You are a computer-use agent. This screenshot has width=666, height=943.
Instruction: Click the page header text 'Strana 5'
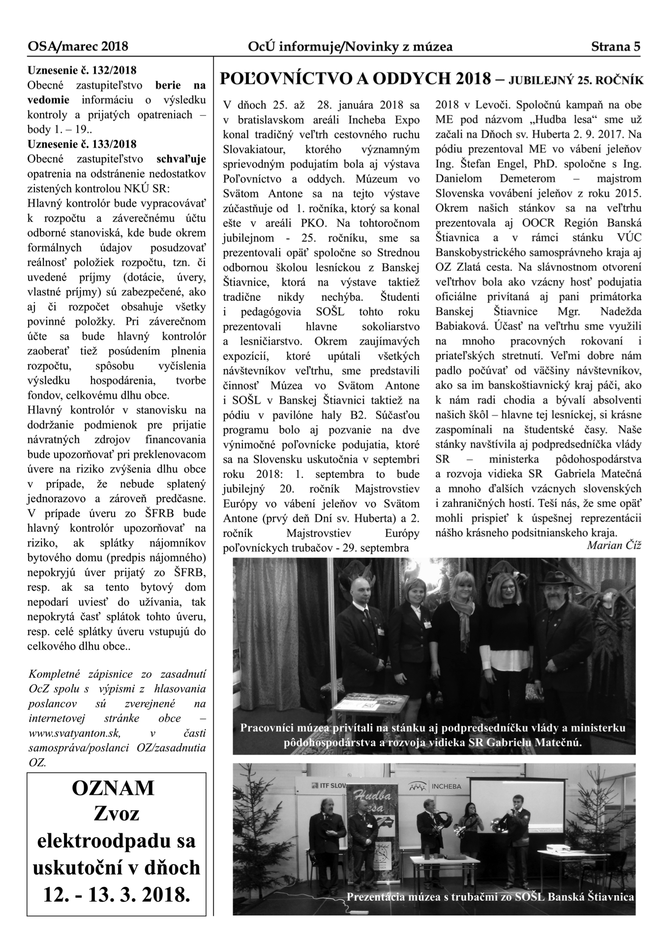[615, 47]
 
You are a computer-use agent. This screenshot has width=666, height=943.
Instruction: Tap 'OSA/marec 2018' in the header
[78, 47]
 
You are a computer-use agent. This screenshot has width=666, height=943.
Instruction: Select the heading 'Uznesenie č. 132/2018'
[82, 70]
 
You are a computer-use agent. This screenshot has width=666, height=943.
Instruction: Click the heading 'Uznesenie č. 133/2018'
[82, 144]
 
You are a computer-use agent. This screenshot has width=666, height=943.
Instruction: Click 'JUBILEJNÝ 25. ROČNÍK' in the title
[576, 80]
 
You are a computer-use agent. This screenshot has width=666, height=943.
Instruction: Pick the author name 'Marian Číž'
[614, 545]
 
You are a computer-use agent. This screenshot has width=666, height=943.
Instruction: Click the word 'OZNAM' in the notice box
[113, 788]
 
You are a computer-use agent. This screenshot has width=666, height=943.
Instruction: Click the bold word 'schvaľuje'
[181, 159]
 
